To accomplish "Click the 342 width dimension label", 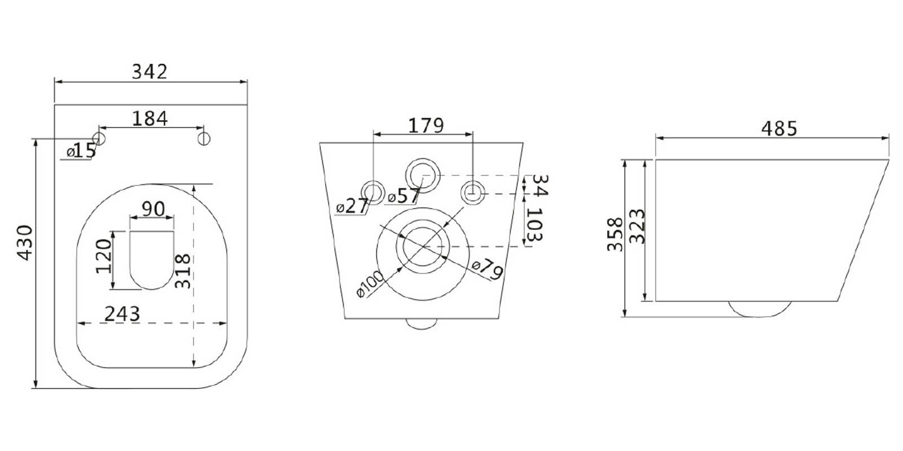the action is tap(150, 72).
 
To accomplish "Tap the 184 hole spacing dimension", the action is tap(150, 118).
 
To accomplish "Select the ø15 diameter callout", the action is tap(81, 151).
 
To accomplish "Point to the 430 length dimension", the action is tap(25, 243).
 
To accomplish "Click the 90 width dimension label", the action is tap(154, 209).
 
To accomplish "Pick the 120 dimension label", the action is tap(104, 257).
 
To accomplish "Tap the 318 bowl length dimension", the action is tap(183, 271).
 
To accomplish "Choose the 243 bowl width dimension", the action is tap(122, 313).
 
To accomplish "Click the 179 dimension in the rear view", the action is tap(426, 126).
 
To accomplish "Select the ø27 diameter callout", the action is tap(352, 206).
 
